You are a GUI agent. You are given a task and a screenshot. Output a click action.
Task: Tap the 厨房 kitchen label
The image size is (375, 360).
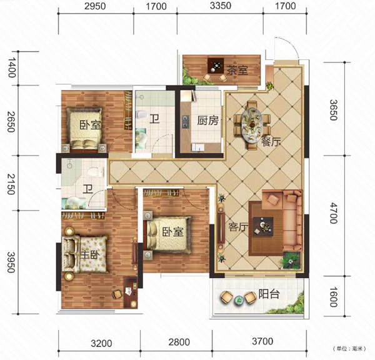pos(207,121)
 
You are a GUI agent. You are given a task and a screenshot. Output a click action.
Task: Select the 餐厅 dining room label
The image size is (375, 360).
pos(271,142)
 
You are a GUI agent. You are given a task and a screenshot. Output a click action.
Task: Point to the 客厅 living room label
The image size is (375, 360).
pos(238,227)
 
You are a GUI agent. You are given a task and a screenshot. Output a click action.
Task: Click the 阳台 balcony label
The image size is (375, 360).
pos(269,294)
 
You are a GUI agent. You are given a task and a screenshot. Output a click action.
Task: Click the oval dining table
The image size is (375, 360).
pos(252,125)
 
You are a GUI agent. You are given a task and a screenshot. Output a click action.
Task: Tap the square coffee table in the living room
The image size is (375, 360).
pos(263,226)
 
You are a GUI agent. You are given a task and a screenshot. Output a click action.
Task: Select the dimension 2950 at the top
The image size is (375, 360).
pos(95,6)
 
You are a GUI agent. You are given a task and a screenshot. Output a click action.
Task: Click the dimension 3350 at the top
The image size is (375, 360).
pos(221,6)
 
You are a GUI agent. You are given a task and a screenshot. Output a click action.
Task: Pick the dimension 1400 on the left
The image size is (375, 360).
pos(11,67)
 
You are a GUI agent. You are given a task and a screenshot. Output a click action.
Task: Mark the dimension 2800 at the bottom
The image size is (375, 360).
pos(179,342)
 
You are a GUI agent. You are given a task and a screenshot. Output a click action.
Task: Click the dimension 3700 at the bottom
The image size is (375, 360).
pos(262,341)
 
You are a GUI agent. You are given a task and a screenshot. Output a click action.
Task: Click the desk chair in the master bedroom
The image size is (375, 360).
pos(117,294)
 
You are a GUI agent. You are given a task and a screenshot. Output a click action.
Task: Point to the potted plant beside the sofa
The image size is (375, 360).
pos(291,260)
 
